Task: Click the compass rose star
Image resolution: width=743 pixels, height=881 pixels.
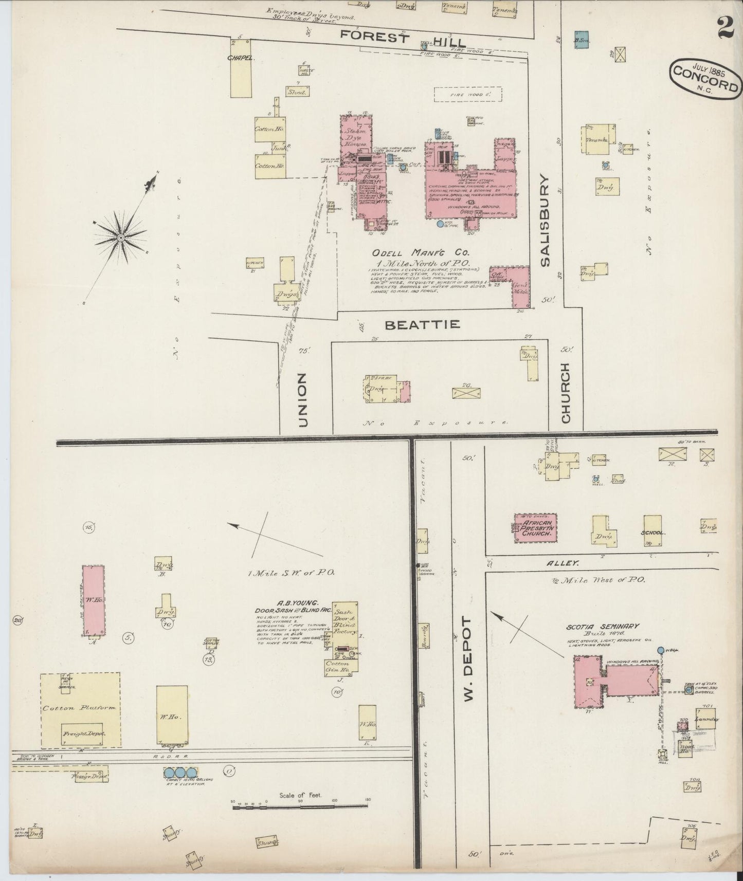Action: click(121, 237)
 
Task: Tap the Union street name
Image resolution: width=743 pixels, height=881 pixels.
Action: click(303, 400)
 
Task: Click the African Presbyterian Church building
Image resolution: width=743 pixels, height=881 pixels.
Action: click(535, 527)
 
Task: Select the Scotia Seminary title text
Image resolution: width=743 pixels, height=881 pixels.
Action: click(602, 626)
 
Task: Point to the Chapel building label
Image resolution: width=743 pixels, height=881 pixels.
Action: click(241, 58)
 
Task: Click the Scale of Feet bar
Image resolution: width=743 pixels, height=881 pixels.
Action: click(300, 807)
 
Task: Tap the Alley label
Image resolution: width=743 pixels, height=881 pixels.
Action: click(566, 563)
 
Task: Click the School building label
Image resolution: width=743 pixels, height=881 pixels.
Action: click(653, 533)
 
